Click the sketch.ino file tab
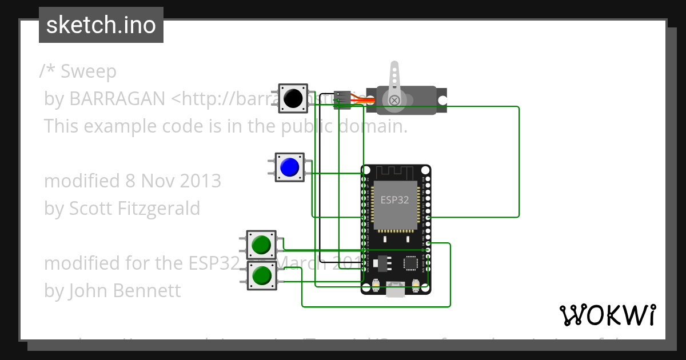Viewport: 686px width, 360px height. click(x=101, y=25)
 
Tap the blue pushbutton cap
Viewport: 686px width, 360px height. click(x=289, y=167)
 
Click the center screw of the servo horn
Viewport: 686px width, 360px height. click(x=394, y=101)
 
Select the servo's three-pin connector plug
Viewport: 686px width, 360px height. click(x=342, y=99)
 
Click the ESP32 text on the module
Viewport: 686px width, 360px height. click(x=395, y=200)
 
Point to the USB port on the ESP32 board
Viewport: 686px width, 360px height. click(x=396, y=290)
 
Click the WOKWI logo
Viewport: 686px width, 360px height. click(x=607, y=315)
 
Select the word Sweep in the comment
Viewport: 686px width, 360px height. click(x=88, y=71)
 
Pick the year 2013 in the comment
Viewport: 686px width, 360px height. click(x=200, y=181)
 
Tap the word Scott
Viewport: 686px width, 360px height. click(x=91, y=208)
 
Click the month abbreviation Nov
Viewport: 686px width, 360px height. click(x=158, y=181)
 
